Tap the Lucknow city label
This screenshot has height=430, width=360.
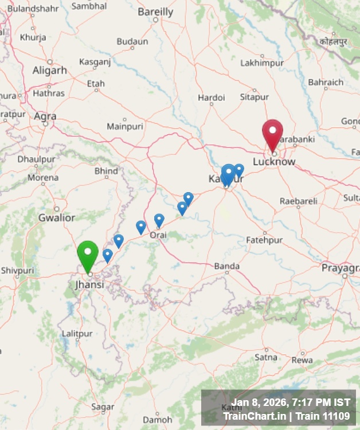click(274, 162)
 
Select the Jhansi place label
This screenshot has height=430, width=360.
click(89, 284)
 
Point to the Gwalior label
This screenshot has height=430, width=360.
click(56, 217)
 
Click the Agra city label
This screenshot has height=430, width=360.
click(45, 116)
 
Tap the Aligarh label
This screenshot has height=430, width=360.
click(50, 71)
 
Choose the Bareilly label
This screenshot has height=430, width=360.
click(155, 11)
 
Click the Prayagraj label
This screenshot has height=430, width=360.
click(340, 268)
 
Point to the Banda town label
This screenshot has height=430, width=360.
click(226, 266)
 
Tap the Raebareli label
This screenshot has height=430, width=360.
click(298, 201)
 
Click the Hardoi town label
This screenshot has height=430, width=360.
click(212, 97)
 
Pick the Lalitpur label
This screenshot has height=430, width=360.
click(77, 334)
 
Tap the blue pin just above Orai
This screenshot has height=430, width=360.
click(159, 220)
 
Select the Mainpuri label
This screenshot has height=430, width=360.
click(125, 126)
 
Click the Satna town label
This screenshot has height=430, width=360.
click(265, 357)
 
